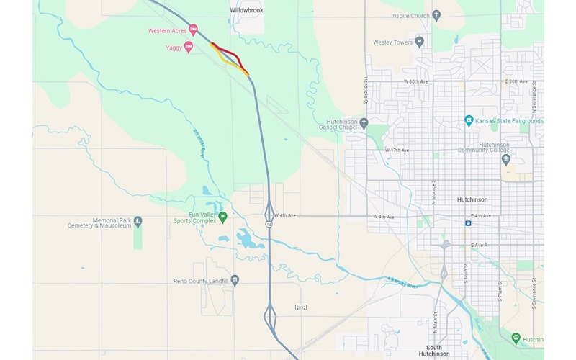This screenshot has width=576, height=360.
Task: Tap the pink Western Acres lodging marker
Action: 193,30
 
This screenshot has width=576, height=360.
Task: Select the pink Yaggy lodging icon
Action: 189,48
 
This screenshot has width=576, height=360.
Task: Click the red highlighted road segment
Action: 229,53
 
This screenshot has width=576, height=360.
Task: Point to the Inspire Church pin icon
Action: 437,15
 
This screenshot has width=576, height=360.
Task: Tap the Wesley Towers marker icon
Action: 420,42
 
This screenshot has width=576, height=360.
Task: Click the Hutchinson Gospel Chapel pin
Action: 364,123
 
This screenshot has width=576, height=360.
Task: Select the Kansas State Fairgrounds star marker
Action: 469,120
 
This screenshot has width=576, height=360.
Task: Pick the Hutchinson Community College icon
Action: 505,159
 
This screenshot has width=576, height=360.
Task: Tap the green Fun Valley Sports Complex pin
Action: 223,216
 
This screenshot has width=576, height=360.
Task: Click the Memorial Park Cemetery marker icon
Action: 138,221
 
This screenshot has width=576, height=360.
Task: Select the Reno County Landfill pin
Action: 235,281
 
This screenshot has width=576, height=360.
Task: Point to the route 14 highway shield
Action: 269,225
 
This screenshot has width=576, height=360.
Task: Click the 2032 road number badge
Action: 301,307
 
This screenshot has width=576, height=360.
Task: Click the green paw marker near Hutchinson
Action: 516,337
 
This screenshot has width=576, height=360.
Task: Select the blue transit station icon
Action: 469,223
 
